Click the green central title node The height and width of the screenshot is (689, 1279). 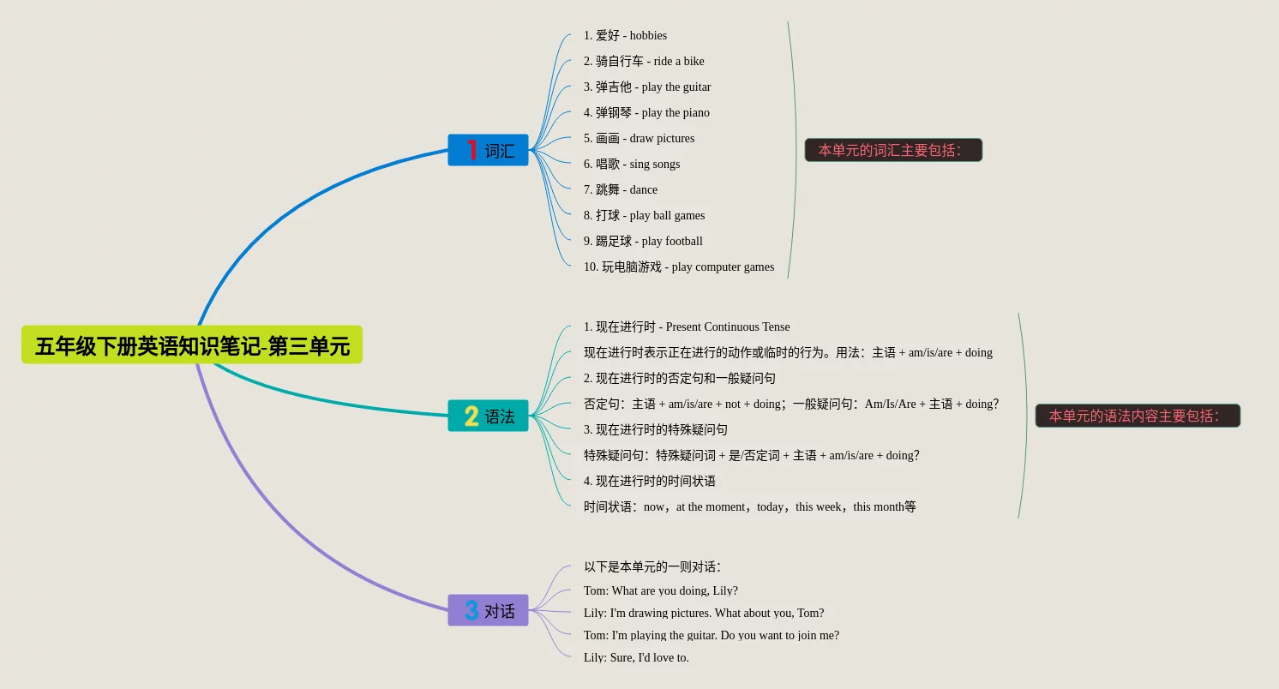(x=192, y=344)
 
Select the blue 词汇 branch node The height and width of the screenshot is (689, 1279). (x=488, y=150)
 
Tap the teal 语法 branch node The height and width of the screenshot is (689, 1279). (x=488, y=416)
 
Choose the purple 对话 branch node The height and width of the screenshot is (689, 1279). (x=488, y=610)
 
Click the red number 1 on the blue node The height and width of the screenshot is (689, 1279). (x=471, y=150)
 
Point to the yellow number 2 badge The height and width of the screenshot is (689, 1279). (x=471, y=416)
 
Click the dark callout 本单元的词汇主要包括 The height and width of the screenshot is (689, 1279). (x=893, y=150)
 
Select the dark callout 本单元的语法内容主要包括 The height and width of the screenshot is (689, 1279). (x=1138, y=416)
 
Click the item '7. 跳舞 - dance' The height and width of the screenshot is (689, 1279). (x=620, y=189)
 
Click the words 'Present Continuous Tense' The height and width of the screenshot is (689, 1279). (x=728, y=327)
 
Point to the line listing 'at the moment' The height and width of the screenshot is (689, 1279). (x=750, y=506)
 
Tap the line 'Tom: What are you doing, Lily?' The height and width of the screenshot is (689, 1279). (x=661, y=590)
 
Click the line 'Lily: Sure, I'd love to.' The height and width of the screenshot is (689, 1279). (x=636, y=657)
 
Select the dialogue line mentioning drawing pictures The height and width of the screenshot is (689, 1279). (x=704, y=613)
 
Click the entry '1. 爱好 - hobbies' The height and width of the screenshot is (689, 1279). (x=625, y=35)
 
